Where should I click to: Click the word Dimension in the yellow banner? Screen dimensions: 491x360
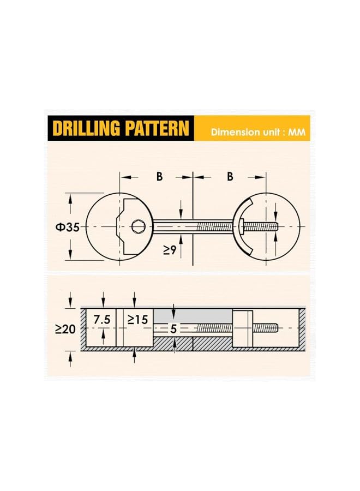236,131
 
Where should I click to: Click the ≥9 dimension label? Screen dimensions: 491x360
170,250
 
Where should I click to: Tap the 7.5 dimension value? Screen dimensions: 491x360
102,320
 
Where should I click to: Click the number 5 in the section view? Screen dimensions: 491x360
173,329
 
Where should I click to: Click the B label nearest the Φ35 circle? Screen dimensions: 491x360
159,176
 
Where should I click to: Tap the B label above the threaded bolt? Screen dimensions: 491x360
230,176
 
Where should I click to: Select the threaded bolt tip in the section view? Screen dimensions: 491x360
275,327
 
